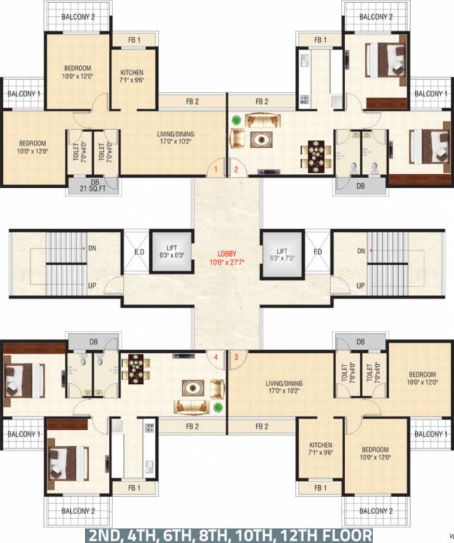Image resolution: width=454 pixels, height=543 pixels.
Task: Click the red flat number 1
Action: [216, 170]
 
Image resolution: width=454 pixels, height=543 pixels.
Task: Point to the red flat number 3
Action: [236, 356]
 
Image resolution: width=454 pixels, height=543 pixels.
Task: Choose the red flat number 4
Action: [216, 356]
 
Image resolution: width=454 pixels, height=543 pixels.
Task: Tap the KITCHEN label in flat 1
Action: [132, 73]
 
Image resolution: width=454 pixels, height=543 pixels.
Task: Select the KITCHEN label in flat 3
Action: [320, 445]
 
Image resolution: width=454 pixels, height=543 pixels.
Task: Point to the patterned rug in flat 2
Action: [264, 139]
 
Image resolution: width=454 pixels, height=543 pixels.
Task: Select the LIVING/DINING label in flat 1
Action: [175, 134]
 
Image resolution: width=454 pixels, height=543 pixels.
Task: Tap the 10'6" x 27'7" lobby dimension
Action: [226, 263]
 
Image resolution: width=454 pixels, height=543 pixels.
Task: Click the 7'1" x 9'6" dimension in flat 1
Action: [132, 81]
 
